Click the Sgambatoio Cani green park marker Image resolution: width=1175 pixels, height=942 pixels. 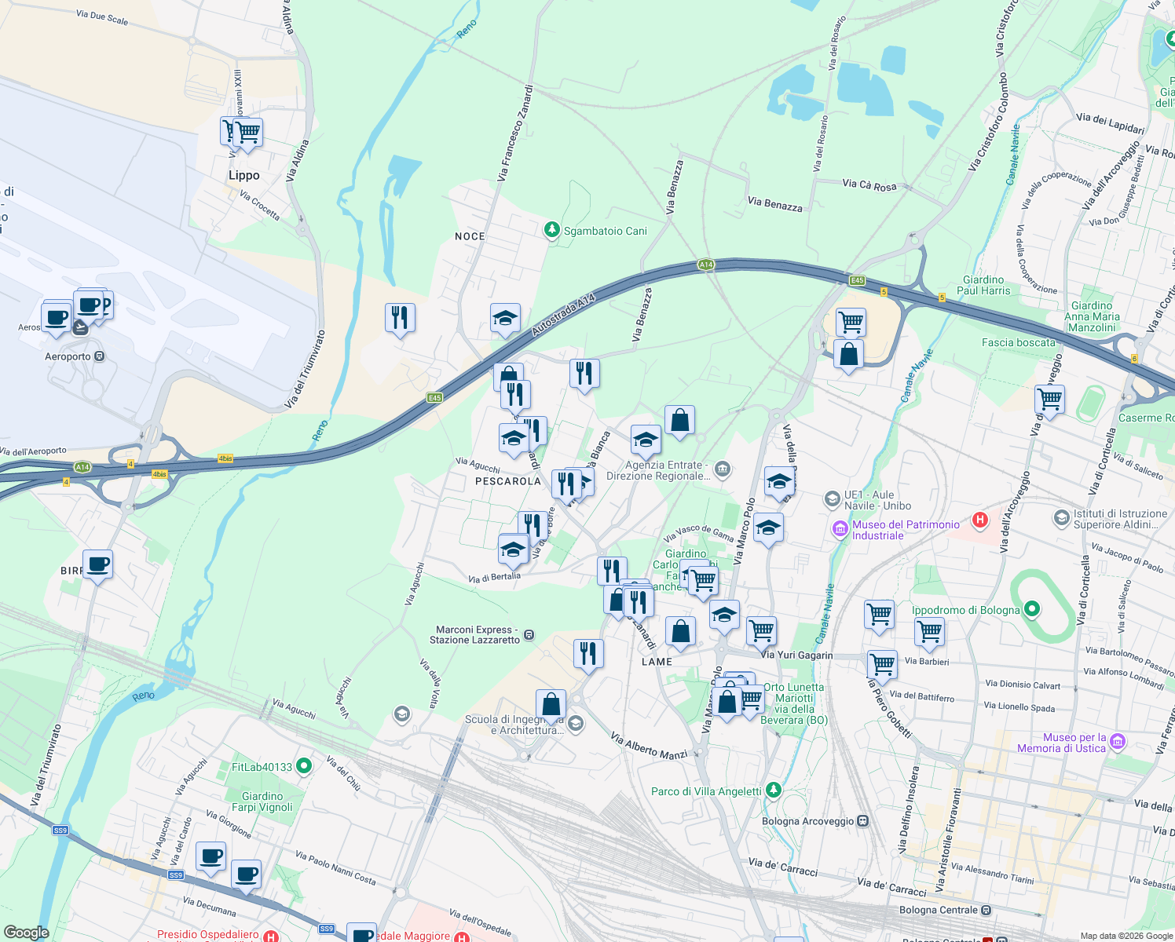pyautogui.click(x=552, y=230)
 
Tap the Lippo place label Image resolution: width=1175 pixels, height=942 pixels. pyautogui.click(x=243, y=175)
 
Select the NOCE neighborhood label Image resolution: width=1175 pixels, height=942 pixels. pyautogui.click(x=470, y=236)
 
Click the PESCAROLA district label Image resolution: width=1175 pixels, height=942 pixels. pyautogui.click(x=508, y=481)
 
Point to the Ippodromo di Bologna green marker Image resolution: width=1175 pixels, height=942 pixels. pyautogui.click(x=1032, y=609)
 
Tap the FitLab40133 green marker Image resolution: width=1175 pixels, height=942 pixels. pyautogui.click(x=304, y=766)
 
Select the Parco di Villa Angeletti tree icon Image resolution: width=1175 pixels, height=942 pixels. pyautogui.click(x=774, y=790)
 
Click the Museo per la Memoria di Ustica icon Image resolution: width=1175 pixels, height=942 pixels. pyautogui.click(x=1118, y=742)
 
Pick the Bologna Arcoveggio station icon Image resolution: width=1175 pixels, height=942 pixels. pyautogui.click(x=863, y=821)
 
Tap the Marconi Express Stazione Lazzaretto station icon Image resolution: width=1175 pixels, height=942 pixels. pyautogui.click(x=529, y=634)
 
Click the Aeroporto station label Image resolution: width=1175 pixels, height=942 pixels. pyautogui.click(x=68, y=356)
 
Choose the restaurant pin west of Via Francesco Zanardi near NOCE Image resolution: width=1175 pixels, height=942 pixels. pyautogui.click(x=400, y=318)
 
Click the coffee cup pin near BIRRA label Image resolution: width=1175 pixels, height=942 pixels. pyautogui.click(x=98, y=564)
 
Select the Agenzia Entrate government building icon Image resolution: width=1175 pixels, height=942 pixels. pyautogui.click(x=723, y=470)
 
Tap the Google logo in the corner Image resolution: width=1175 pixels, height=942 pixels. pyautogui.click(x=26, y=933)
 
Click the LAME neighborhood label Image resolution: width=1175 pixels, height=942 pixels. pyautogui.click(x=657, y=662)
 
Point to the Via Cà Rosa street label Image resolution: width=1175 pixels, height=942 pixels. pyautogui.click(x=869, y=185)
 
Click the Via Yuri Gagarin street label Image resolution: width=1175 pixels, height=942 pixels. pyautogui.click(x=796, y=655)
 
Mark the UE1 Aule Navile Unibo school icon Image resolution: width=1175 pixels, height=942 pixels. pyautogui.click(x=832, y=499)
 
